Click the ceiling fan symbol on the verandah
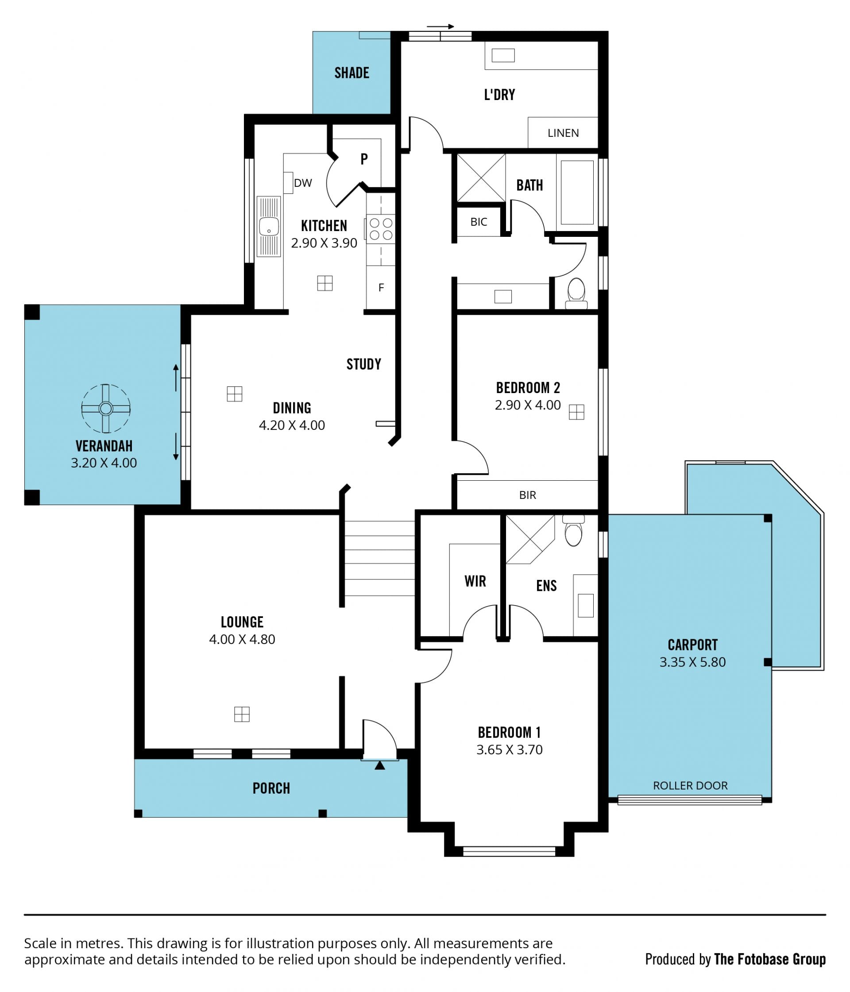coord(106,409)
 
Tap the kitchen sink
coord(269,227)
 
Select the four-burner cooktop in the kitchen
coord(381,229)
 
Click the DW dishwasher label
coord(303,183)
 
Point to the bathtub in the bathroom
coord(577,193)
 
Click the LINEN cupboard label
coord(563,133)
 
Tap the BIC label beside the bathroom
coord(479,222)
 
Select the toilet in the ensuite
coord(573,530)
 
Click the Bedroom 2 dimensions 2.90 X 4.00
coord(528,405)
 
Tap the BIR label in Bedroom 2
coord(527,495)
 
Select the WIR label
coord(475,581)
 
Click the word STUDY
coord(364,364)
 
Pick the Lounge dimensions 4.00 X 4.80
coord(242,639)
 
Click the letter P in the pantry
coord(364,159)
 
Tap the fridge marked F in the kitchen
coord(381,287)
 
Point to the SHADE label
coord(352,73)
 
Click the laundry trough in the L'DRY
coord(503,55)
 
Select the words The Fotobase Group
coord(769,959)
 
